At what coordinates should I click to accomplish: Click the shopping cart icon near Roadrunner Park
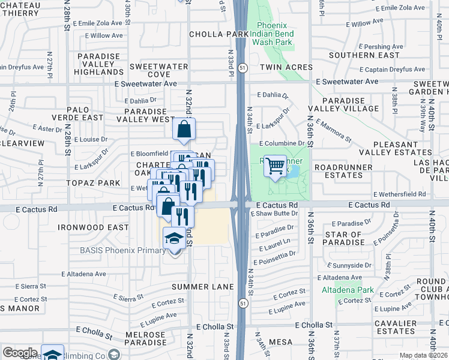pyautogui.click(x=276, y=165)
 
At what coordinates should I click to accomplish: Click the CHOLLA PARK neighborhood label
pyautogui.click(x=218, y=34)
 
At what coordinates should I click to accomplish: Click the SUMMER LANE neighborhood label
pyautogui.click(x=202, y=287)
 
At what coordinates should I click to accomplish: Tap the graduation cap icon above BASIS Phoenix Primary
pyautogui.click(x=175, y=238)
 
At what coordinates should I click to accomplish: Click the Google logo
pyautogui.click(x=20, y=353)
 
